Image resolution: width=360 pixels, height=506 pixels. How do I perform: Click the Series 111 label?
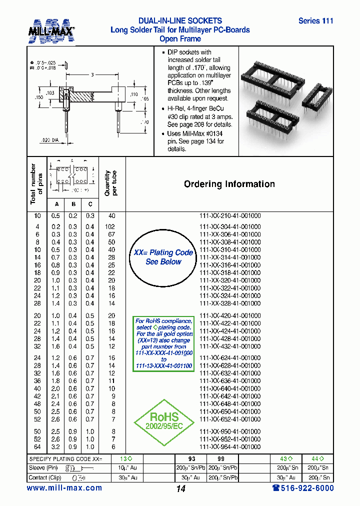[x=315, y=21]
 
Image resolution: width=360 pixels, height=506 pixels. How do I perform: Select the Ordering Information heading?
[x=229, y=184]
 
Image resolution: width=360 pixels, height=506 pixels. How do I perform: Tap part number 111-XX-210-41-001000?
[x=230, y=215]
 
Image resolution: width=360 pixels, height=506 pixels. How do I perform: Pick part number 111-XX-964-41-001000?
[x=230, y=447]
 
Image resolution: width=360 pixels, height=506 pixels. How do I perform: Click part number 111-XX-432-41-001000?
[x=230, y=346]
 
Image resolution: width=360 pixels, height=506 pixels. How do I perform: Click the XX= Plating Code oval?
[x=163, y=257]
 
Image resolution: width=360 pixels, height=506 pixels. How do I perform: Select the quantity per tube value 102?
[x=111, y=226]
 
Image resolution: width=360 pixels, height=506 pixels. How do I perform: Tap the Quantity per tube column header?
[x=110, y=183]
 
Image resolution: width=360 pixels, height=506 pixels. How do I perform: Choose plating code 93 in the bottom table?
[x=191, y=458]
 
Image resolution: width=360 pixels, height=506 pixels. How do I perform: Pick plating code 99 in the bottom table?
[x=214, y=458]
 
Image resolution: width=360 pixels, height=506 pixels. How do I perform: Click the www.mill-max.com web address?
[x=64, y=488]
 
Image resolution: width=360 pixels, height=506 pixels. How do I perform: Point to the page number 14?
[x=181, y=488]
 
